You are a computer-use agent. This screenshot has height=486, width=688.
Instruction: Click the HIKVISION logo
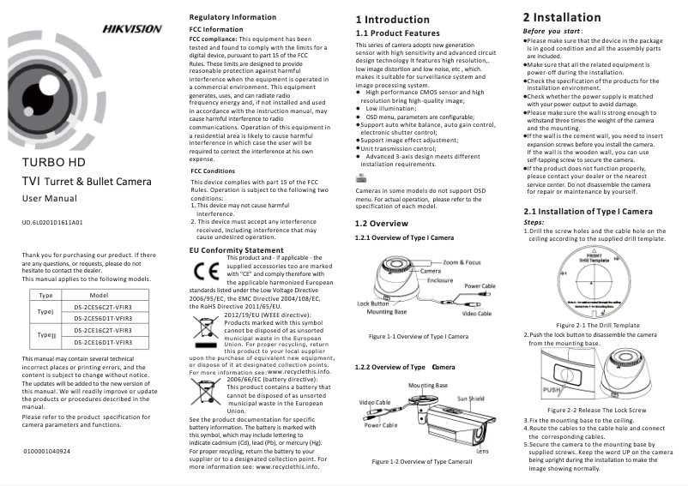(x=132, y=28)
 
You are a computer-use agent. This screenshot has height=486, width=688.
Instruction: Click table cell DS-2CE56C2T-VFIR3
(x=102, y=306)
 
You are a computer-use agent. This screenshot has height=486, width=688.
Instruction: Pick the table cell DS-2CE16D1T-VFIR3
(x=102, y=341)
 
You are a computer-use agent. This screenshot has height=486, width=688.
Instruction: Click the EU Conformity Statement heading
(x=236, y=249)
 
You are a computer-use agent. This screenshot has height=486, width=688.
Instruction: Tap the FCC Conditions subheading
(x=213, y=171)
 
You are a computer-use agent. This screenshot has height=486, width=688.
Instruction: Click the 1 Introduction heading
(x=392, y=19)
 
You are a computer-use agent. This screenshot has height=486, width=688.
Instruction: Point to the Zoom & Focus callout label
(x=462, y=262)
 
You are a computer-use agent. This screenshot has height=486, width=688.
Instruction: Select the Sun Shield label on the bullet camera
(x=470, y=399)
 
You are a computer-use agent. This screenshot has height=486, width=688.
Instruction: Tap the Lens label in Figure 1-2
(x=482, y=451)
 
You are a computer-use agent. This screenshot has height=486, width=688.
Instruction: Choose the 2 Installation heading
(x=562, y=17)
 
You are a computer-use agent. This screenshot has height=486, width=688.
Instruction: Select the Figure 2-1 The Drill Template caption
(x=598, y=325)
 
